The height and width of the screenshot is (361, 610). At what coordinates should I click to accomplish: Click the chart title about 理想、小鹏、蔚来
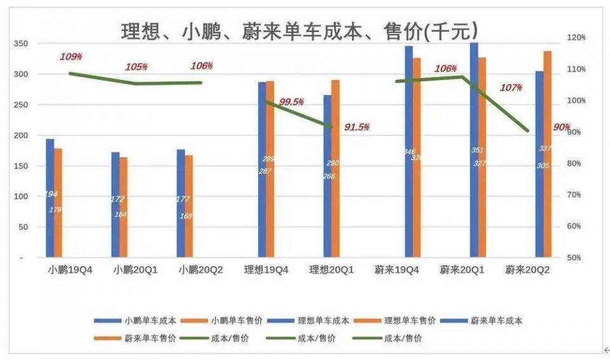point(299,30)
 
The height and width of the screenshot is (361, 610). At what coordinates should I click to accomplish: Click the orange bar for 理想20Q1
point(335,169)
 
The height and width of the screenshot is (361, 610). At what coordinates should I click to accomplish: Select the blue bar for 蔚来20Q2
point(539,164)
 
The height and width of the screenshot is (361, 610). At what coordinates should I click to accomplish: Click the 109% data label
point(71,56)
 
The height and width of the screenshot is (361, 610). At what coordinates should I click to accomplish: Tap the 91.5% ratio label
point(356,127)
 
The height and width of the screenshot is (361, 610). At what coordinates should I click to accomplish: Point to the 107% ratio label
point(511,87)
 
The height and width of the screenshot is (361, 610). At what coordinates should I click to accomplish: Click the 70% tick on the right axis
point(576,195)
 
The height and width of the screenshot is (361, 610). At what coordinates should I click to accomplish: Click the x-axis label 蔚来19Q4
point(397,270)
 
